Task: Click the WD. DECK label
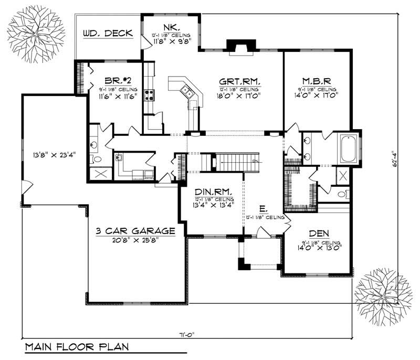[x=108, y=34]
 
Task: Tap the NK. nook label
[x=172, y=26]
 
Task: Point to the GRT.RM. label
[x=240, y=82]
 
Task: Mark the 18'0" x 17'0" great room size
[x=240, y=96]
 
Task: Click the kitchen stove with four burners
[x=149, y=95]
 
